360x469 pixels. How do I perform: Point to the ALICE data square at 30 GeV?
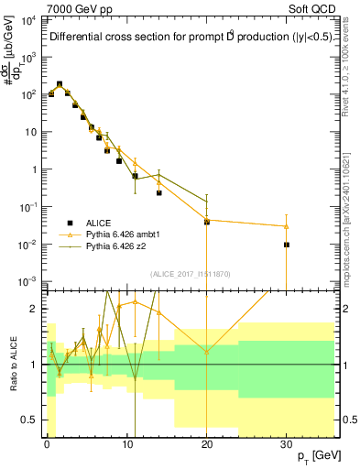[287, 245]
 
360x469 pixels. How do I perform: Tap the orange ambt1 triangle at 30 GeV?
[287, 226]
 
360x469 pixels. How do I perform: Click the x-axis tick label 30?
[287, 444]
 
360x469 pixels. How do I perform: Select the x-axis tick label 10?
[126, 444]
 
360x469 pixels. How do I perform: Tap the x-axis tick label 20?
[207, 444]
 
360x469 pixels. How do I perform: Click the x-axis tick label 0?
[47, 444]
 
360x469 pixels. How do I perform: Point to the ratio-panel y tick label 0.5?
[30, 420]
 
